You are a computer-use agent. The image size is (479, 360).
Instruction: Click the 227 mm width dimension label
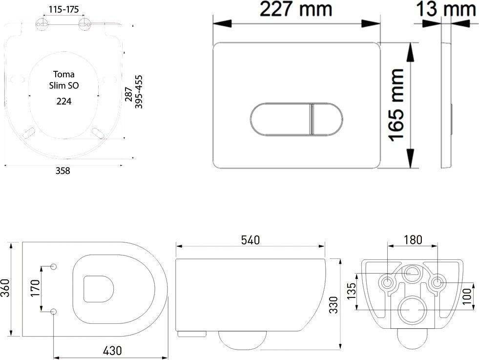click(x=296, y=9)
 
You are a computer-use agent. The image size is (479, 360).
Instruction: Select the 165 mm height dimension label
click(x=397, y=105)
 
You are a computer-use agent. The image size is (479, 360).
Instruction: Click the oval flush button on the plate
click(x=296, y=119)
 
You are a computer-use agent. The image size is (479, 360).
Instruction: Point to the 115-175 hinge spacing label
click(x=64, y=9)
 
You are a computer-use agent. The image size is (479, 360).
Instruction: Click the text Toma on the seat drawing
click(x=64, y=74)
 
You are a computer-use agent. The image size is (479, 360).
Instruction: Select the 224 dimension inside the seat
click(x=64, y=101)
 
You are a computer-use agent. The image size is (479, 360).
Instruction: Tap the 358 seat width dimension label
click(x=62, y=171)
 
